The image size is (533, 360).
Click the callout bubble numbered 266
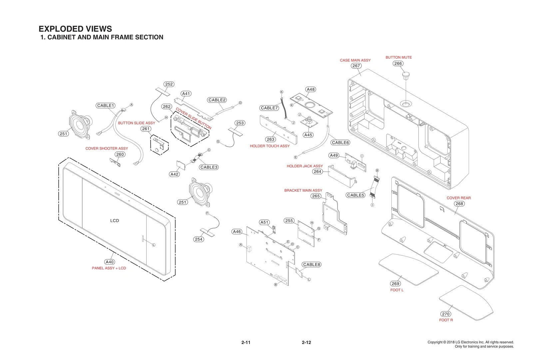click(398, 63)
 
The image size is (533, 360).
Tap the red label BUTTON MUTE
click(398, 57)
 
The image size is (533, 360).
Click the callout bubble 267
click(356, 66)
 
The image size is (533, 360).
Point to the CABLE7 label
click(269, 108)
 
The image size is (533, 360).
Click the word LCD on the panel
click(114, 221)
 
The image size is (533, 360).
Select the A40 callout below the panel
click(110, 262)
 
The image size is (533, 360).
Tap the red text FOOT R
click(446, 320)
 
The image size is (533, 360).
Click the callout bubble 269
click(395, 284)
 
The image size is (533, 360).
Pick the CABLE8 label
click(311, 265)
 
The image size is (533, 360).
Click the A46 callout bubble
click(237, 232)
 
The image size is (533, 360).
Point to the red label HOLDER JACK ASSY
click(304, 166)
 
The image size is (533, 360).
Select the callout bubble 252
click(169, 84)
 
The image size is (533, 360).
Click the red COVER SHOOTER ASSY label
click(107, 148)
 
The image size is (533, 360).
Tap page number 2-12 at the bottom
click(306, 342)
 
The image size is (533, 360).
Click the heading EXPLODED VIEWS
click(75, 29)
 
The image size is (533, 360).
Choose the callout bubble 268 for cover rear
click(459, 204)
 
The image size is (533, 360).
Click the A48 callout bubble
click(310, 89)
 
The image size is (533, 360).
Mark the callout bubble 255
click(289, 221)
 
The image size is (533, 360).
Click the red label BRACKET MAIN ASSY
click(303, 190)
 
